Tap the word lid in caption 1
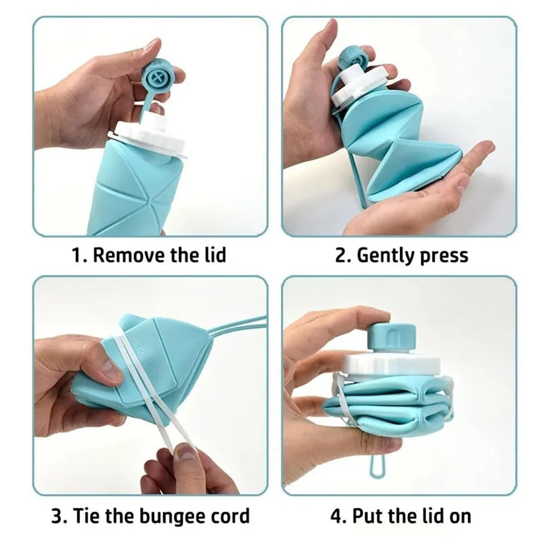(213, 255)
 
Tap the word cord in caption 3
(227, 515)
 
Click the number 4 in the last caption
(336, 515)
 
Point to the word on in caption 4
(458, 515)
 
